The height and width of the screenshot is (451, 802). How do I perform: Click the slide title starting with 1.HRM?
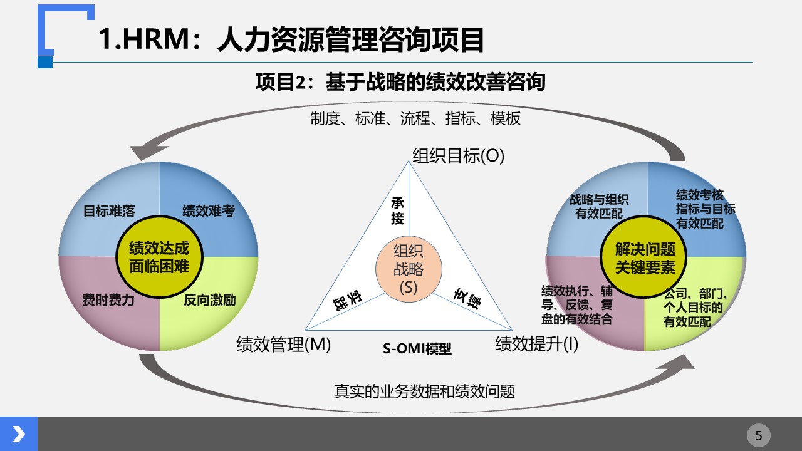tap(291, 39)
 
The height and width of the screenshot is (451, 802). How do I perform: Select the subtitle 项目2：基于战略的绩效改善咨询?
tap(400, 82)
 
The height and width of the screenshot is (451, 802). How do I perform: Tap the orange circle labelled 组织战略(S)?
tap(409, 269)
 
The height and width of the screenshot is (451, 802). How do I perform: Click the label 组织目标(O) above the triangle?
tap(458, 156)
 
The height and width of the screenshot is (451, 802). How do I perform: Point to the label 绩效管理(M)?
tap(284, 345)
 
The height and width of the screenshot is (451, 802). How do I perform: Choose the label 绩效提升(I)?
tap(536, 344)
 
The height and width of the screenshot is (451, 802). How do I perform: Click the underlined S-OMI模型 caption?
tap(417, 349)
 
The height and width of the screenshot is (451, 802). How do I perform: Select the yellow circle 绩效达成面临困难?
tap(159, 257)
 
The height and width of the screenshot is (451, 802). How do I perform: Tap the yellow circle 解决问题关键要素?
tap(643, 257)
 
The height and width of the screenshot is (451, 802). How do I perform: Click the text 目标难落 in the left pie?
tap(109, 211)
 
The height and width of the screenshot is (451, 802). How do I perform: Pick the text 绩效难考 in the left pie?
tap(209, 211)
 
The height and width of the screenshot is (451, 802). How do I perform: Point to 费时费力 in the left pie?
tap(108, 300)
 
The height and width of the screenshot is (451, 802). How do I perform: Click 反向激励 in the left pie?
tap(210, 300)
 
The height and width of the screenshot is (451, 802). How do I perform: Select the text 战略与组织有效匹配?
tap(599, 206)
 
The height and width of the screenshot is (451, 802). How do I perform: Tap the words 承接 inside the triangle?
tap(397, 211)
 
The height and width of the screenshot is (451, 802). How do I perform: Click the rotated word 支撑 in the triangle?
tap(467, 299)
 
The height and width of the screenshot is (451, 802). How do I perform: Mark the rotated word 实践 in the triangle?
tap(347, 300)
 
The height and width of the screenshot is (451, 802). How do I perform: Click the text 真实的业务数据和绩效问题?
tap(425, 391)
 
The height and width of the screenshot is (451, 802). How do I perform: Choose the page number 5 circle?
tap(759, 435)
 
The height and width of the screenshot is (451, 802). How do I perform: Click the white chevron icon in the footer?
tap(19, 434)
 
